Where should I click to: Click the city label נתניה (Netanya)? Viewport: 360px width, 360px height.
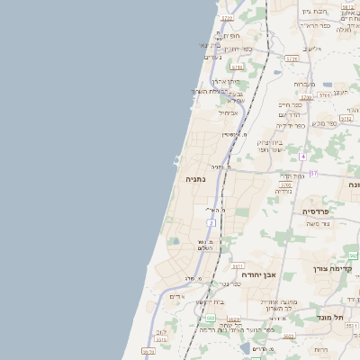tap(195, 179)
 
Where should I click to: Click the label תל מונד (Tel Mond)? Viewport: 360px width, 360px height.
tap(330, 318)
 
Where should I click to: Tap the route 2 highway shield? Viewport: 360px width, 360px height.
tap(211, 221)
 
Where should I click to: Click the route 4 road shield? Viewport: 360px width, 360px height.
tap(303, 156)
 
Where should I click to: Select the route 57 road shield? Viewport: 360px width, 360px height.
tap(313, 173)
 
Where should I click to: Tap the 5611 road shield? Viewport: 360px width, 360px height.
tap(238, 266)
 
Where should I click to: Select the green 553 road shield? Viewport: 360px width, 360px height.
tap(210, 317)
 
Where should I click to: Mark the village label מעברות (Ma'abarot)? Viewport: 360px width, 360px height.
tap(303, 84)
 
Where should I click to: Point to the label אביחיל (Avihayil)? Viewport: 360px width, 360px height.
tap(228, 112)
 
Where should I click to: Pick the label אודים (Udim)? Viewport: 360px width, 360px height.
tap(176, 296)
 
